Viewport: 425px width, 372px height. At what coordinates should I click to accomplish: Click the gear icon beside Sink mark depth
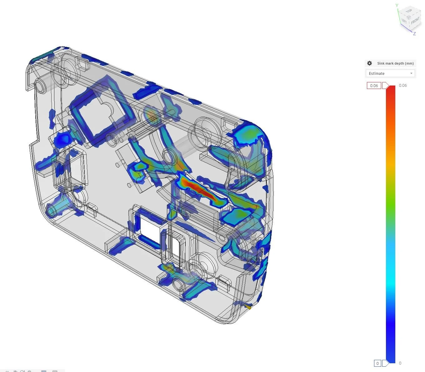(369, 63)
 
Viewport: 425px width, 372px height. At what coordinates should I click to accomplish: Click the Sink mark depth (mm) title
(395, 63)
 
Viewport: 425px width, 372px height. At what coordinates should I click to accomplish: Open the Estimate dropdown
(390, 74)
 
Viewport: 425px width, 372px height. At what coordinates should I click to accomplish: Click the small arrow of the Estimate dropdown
(411, 73)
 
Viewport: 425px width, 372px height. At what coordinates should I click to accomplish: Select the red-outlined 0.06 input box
(374, 86)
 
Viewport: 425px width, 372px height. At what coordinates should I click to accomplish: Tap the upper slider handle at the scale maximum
(385, 86)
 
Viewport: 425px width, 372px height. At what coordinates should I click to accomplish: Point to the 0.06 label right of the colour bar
(403, 86)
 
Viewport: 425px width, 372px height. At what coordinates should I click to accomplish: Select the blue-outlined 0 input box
(377, 363)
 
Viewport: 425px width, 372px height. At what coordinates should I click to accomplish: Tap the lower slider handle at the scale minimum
(385, 363)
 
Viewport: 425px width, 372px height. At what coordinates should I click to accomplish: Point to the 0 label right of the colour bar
(400, 363)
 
